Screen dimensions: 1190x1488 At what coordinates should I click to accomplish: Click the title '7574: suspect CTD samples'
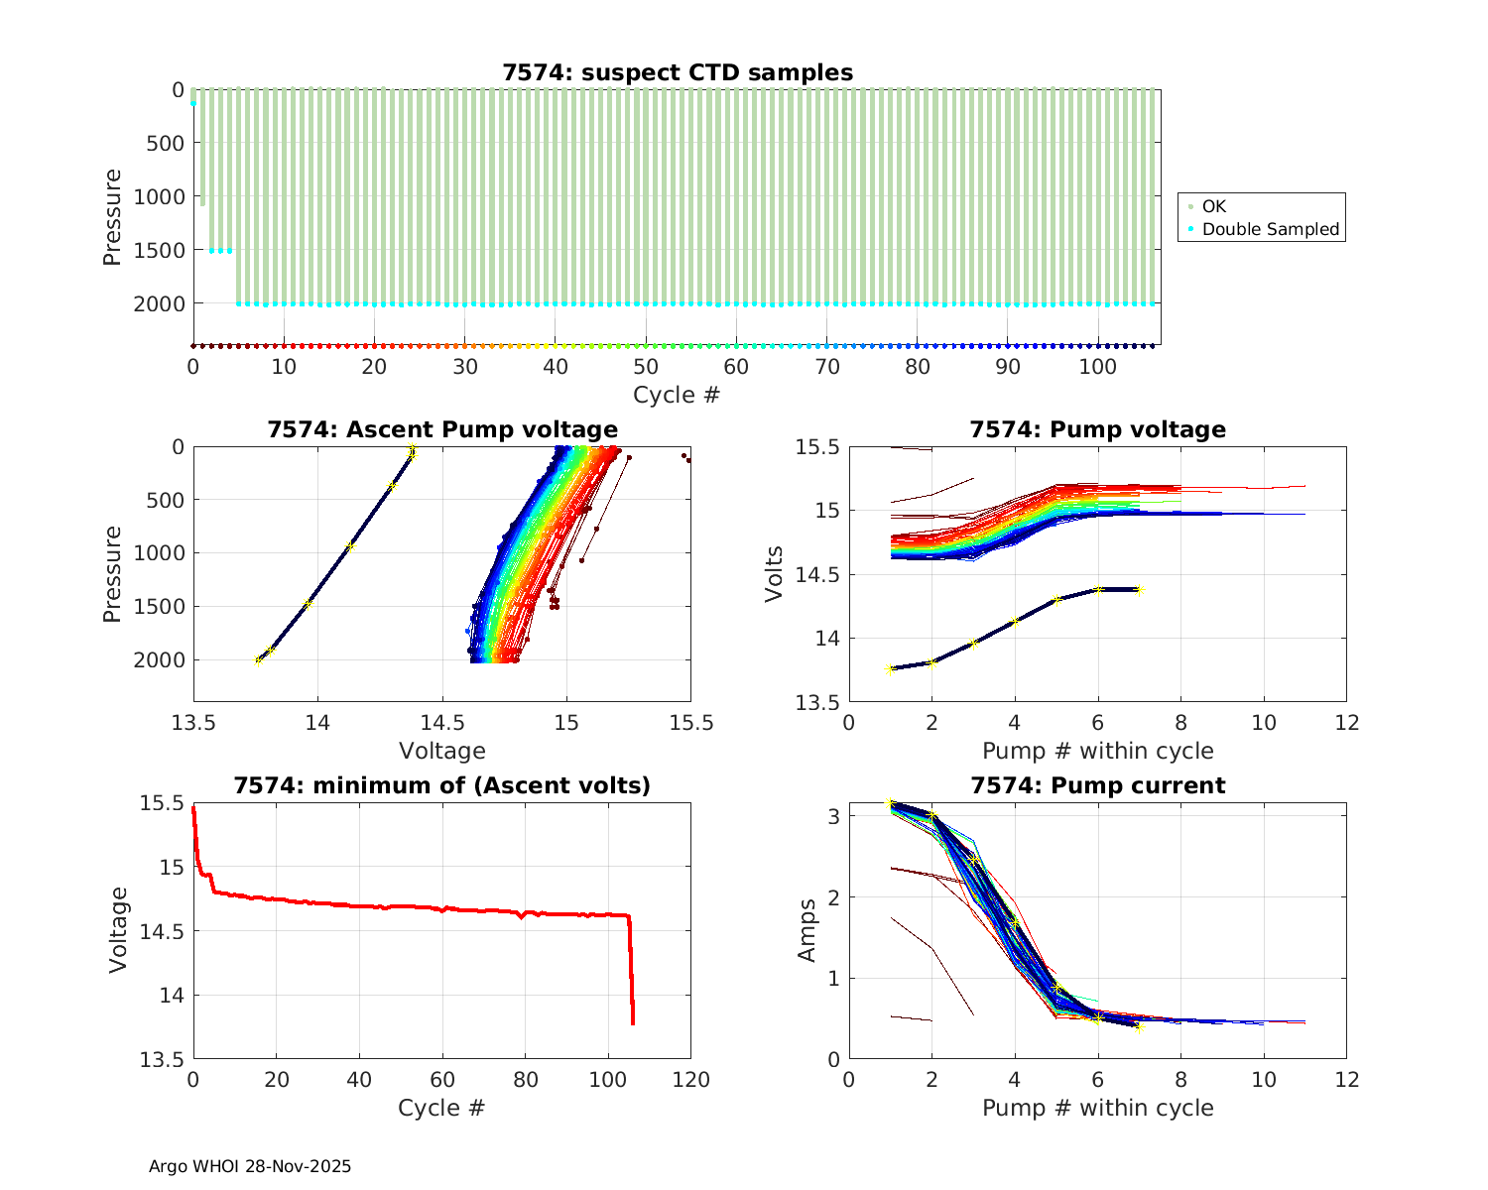pyautogui.click(x=678, y=72)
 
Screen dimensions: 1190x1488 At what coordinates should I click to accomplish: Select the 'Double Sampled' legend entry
pyautogui.click(x=1270, y=229)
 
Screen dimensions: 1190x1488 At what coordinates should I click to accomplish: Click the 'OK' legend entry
pyautogui.click(x=1214, y=206)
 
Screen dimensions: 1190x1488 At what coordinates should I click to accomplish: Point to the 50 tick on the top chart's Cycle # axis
pyautogui.click(x=646, y=366)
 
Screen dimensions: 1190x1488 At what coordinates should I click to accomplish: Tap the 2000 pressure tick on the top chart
pyautogui.click(x=158, y=303)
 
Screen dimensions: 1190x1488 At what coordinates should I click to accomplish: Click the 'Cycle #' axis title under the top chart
pyautogui.click(x=677, y=395)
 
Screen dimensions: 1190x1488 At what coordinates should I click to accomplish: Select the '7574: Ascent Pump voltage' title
pyautogui.click(x=442, y=429)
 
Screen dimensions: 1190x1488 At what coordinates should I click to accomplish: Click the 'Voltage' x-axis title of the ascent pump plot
pyautogui.click(x=442, y=751)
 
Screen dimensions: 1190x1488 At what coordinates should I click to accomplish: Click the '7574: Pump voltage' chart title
pyautogui.click(x=1098, y=429)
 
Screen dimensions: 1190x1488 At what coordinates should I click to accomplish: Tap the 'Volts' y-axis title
pyautogui.click(x=776, y=574)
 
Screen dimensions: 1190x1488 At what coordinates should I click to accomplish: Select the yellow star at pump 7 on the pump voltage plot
pyautogui.click(x=1139, y=590)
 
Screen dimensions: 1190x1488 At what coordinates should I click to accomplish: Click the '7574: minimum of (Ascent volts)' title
pyautogui.click(x=442, y=785)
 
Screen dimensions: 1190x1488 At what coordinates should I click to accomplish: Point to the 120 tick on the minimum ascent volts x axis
pyautogui.click(x=690, y=1079)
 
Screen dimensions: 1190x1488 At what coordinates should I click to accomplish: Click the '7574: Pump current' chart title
pyautogui.click(x=1098, y=785)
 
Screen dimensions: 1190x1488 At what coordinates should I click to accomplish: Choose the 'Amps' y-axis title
pyautogui.click(x=808, y=930)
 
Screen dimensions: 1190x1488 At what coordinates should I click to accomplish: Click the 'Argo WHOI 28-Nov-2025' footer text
pyautogui.click(x=250, y=1166)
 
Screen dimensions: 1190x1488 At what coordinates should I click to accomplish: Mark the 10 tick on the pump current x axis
pyautogui.click(x=1264, y=1079)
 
